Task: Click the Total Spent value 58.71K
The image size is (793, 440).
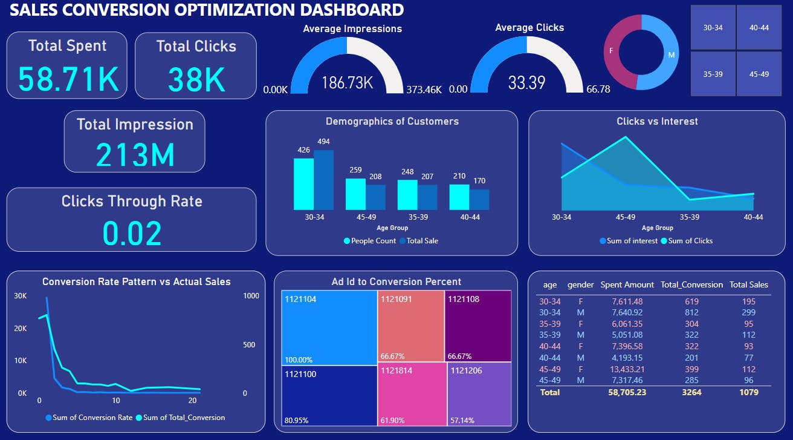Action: [x=67, y=79]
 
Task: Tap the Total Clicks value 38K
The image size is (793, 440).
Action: [x=196, y=79]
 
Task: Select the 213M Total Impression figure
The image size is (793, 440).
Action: [x=135, y=155]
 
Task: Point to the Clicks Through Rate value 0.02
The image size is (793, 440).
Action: [x=132, y=233]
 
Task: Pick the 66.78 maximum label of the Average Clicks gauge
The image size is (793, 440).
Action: [x=598, y=90]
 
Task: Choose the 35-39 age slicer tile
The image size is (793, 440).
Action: [x=713, y=74]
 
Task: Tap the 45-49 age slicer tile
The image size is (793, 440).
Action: [x=759, y=74]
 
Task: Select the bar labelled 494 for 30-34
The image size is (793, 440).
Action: [x=323, y=180]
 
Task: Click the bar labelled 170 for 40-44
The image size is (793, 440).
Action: [x=479, y=199]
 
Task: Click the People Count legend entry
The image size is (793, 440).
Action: [x=369, y=241]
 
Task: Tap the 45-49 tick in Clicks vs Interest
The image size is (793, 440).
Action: [x=625, y=217]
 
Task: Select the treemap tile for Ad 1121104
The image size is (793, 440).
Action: [x=329, y=327]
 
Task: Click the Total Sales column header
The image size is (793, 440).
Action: [x=748, y=284]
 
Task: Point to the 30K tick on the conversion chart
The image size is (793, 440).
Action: [x=21, y=296]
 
